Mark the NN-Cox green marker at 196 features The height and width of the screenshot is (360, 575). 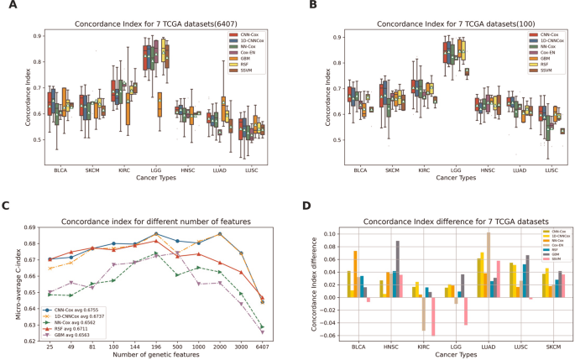pyautogui.click(x=155, y=253)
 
